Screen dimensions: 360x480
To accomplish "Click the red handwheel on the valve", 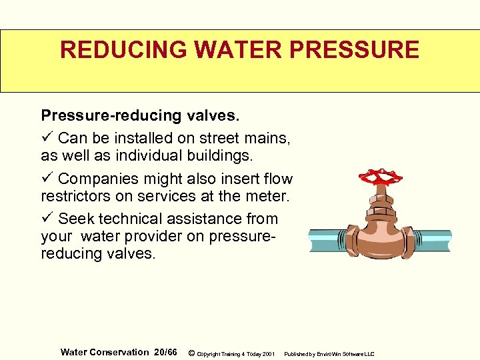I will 380,177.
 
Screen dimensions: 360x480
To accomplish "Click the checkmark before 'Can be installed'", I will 46,138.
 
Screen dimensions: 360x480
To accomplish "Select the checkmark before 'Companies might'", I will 46,178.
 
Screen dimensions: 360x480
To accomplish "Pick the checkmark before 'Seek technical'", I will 46,218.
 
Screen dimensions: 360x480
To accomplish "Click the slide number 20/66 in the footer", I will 165,352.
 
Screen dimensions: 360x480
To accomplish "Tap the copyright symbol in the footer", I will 192,353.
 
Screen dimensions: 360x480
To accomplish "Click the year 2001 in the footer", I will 269,353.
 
